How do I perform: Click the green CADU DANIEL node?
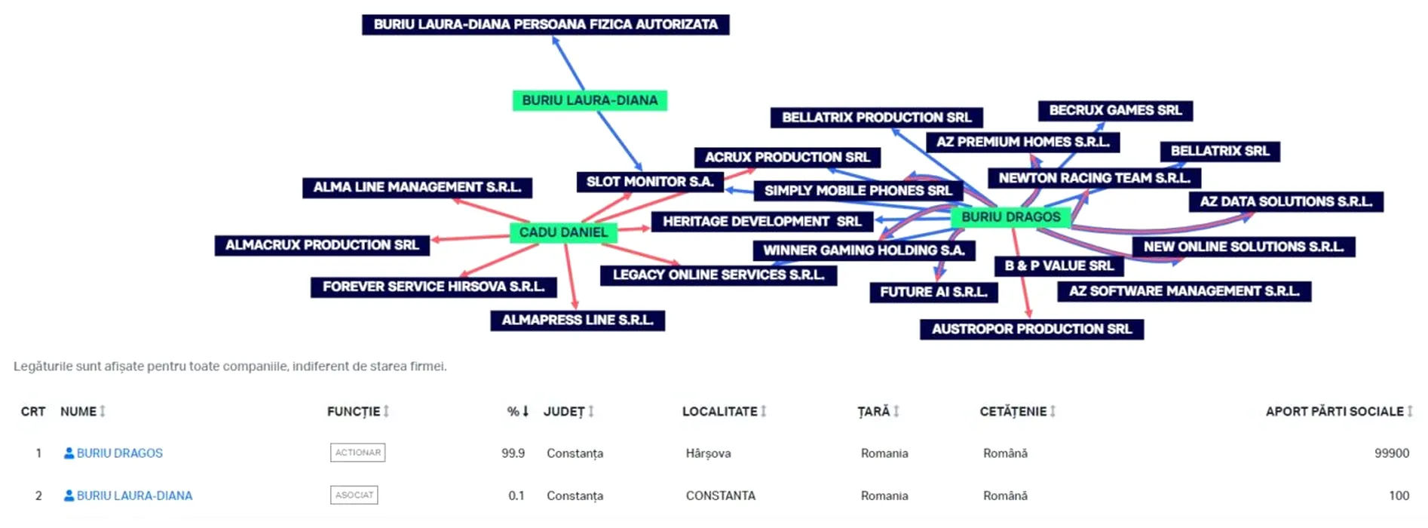click(563, 232)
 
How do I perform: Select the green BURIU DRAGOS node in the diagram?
click(1010, 217)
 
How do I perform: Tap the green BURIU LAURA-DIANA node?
click(590, 100)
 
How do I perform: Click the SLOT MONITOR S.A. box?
click(650, 182)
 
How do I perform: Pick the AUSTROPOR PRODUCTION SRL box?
click(1031, 329)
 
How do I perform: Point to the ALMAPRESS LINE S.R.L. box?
click(578, 320)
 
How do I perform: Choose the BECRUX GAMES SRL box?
click(1115, 110)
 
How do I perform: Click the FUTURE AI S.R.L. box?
click(933, 292)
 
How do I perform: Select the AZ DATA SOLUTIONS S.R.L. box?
click(1286, 201)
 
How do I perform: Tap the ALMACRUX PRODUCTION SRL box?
click(322, 245)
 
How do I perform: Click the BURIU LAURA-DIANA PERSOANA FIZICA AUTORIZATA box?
click(545, 24)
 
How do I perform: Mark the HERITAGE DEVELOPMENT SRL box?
click(761, 221)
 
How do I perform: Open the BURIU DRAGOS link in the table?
click(119, 453)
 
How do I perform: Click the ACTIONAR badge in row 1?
click(357, 453)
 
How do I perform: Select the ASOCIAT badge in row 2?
click(354, 495)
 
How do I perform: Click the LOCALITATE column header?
click(719, 411)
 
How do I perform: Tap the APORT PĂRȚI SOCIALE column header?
click(1334, 411)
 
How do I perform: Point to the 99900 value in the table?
click(1391, 453)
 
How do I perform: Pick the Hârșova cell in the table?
click(708, 453)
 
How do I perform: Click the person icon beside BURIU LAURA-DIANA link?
click(69, 496)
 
